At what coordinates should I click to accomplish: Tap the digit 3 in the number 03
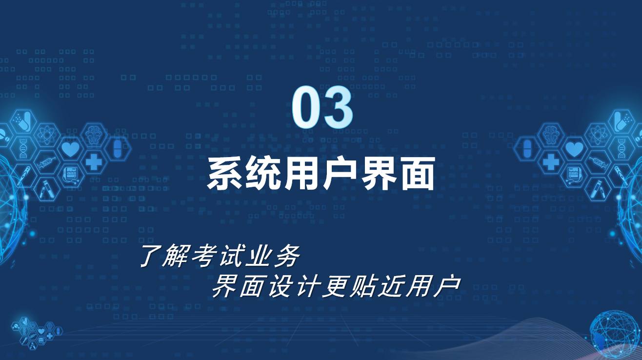tap(338, 107)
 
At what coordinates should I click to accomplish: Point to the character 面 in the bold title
tap(418, 174)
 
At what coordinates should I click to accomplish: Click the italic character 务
tap(287, 256)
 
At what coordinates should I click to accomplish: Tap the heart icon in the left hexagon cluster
tap(71, 149)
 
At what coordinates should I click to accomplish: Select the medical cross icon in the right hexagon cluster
tap(551, 161)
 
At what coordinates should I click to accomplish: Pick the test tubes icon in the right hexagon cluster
tap(597, 189)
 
